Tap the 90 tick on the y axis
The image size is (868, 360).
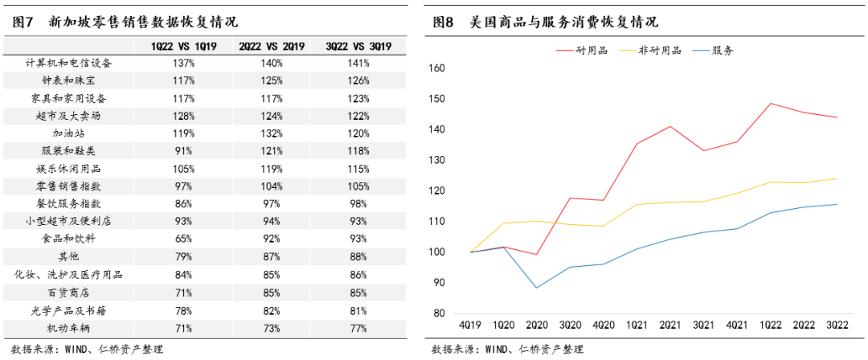pos(437,283)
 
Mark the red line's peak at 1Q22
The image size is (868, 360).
pos(770,103)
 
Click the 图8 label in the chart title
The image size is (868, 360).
pos(444,22)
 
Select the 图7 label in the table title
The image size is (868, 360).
pos(23,22)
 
